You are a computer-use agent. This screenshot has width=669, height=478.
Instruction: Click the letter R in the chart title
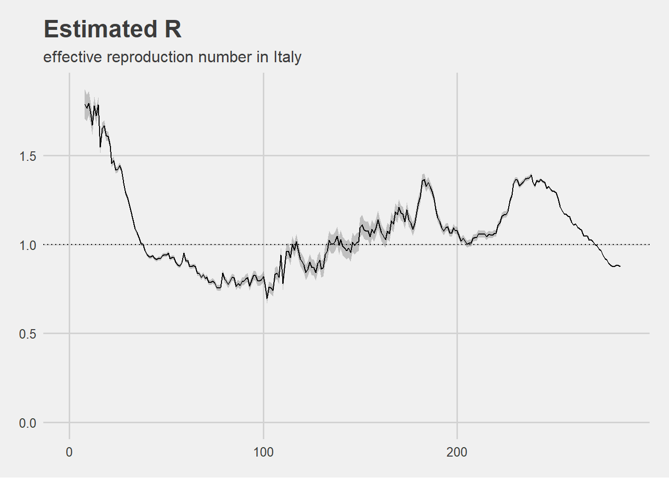(x=173, y=29)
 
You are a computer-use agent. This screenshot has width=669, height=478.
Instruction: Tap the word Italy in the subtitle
(x=287, y=57)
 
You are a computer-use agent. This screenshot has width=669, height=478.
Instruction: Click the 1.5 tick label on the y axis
(x=28, y=156)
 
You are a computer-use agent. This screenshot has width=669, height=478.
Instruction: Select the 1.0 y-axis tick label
(x=28, y=245)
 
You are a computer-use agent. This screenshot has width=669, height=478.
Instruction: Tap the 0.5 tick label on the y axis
(x=28, y=334)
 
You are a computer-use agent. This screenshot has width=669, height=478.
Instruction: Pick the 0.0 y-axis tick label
(x=28, y=423)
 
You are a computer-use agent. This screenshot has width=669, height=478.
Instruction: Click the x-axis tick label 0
(x=69, y=452)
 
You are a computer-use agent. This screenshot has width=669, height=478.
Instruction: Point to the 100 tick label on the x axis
(x=263, y=452)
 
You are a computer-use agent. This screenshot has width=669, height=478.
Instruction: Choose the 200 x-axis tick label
(x=457, y=452)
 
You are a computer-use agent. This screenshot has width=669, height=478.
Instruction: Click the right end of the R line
(x=620, y=266)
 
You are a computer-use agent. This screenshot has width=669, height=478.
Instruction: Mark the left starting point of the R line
(x=85, y=104)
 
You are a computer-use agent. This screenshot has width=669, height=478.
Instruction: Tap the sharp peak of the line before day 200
(x=424, y=179)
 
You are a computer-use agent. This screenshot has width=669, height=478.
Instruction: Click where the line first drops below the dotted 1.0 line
(x=142, y=244)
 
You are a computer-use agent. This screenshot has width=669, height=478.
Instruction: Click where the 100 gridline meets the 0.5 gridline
(x=263, y=333)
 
